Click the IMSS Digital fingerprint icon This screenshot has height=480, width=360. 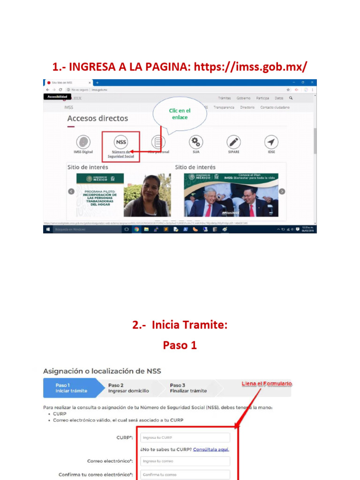[x=83, y=142]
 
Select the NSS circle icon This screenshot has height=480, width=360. [x=121, y=142]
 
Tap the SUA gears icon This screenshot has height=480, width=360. [x=196, y=142]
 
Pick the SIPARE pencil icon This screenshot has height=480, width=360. [x=233, y=142]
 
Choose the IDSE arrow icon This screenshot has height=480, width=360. [x=271, y=142]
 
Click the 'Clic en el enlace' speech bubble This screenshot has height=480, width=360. [x=180, y=114]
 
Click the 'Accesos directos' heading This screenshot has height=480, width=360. [x=97, y=119]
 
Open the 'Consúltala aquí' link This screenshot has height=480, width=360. [x=211, y=450]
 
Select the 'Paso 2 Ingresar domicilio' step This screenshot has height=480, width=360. [x=128, y=388]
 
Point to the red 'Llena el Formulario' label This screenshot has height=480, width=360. [x=267, y=384]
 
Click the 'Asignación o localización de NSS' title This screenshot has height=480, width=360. [x=102, y=371]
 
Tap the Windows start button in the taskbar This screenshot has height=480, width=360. [x=48, y=230]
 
